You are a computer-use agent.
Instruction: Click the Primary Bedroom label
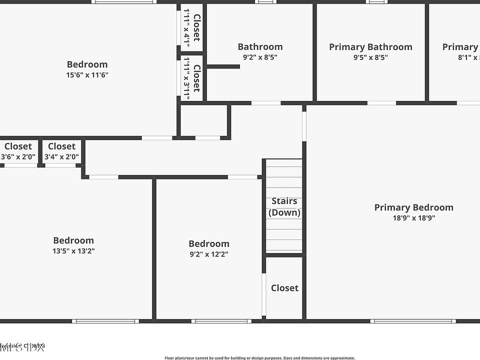[x=413, y=207]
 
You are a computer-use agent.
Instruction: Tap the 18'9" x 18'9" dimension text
[x=413, y=218]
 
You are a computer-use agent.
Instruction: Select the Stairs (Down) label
[x=284, y=206]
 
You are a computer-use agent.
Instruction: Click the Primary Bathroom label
[x=370, y=47]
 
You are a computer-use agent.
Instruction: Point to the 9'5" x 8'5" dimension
[x=370, y=57]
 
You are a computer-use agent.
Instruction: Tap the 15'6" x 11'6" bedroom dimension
[x=87, y=75]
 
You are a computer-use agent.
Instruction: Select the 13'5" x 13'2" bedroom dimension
[x=73, y=251]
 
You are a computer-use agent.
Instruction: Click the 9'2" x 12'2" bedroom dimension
[x=208, y=254]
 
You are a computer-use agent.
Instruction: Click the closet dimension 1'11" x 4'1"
[x=186, y=28]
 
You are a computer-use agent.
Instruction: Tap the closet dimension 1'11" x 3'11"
[x=186, y=78]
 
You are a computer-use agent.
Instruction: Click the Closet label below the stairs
[x=284, y=288]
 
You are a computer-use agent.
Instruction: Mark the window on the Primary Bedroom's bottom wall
[x=413, y=321]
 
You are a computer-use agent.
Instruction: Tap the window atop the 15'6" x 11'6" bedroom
[x=124, y=1]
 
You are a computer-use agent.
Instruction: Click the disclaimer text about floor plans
[x=259, y=358]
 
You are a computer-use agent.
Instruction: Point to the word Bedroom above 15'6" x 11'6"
[x=87, y=64]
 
